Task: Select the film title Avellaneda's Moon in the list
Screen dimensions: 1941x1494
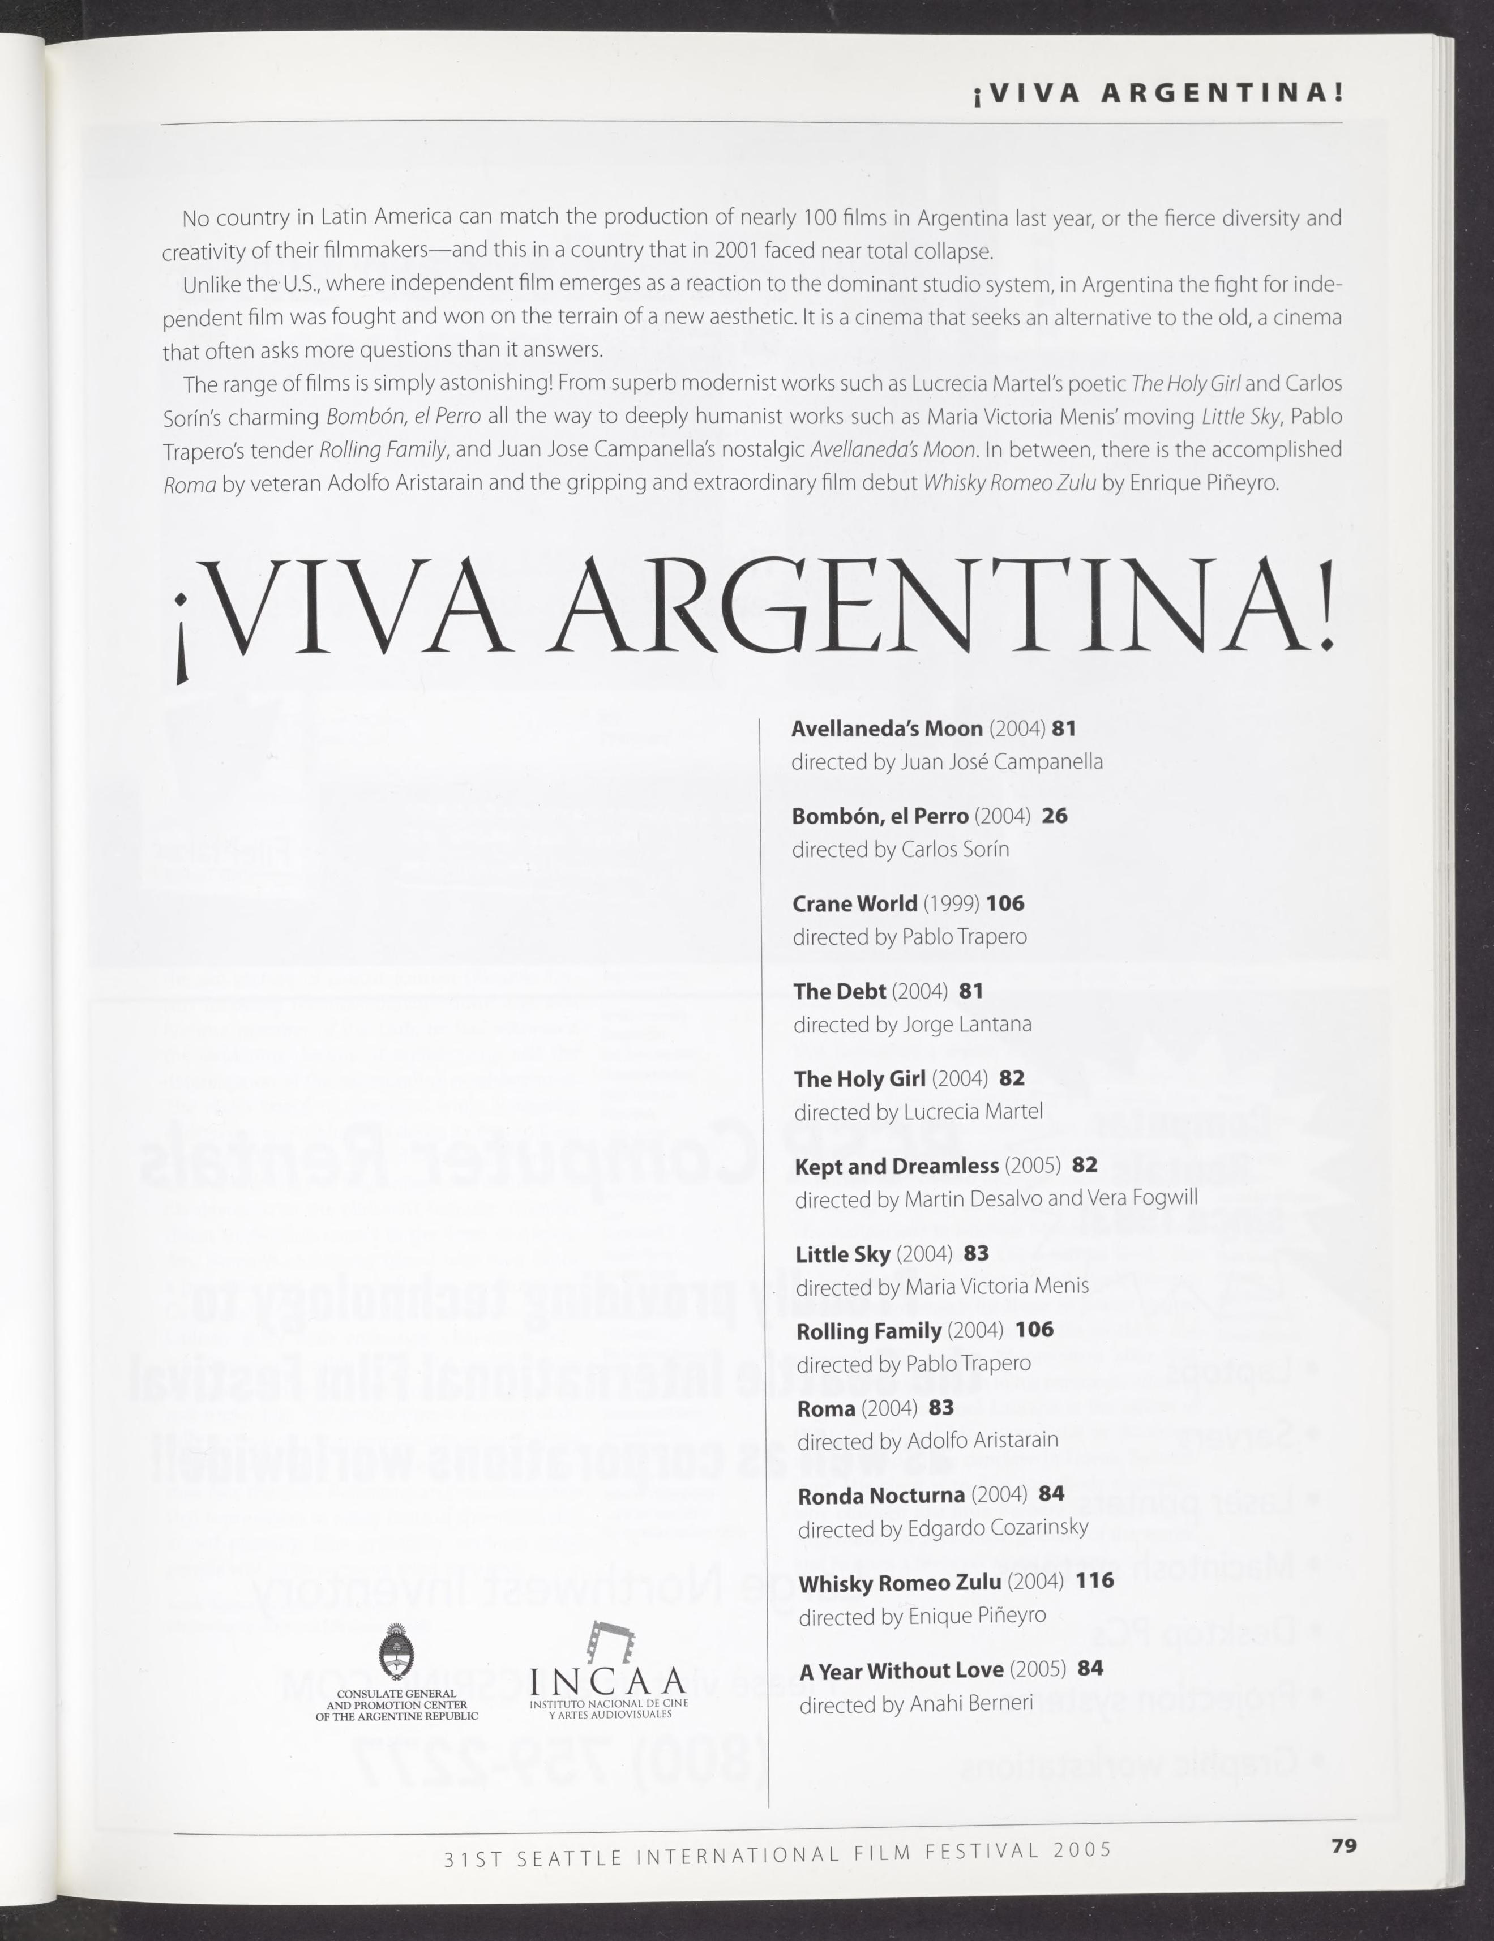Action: (886, 729)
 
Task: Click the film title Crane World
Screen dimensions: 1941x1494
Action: (854, 904)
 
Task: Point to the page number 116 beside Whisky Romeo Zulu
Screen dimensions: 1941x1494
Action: (1094, 1581)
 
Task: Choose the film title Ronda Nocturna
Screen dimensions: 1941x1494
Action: (881, 1496)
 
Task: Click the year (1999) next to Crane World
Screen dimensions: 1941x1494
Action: (951, 904)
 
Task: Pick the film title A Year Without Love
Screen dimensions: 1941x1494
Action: (901, 1671)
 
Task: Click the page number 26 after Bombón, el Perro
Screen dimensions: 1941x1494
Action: (1054, 816)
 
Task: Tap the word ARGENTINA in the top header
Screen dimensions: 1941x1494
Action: (1221, 93)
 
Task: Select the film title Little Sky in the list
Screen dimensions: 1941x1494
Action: (842, 1254)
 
